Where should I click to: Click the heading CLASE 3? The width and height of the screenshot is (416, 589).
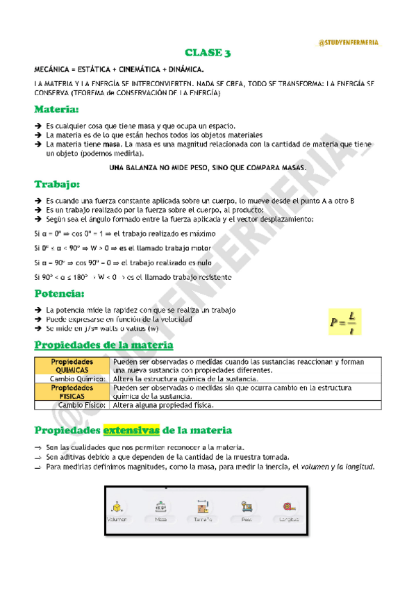[208, 53]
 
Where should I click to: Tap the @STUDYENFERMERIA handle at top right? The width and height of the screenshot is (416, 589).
[348, 42]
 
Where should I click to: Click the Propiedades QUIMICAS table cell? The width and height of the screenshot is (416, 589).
[72, 366]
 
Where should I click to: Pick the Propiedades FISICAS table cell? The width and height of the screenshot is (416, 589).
[72, 392]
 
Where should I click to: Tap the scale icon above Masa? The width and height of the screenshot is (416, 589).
[160, 506]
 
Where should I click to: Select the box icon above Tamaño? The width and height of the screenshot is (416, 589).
[203, 506]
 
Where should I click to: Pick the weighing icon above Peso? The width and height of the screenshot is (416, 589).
[246, 506]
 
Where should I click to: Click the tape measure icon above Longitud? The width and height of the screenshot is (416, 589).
[288, 506]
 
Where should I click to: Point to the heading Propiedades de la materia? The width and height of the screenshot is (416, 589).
[104, 345]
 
